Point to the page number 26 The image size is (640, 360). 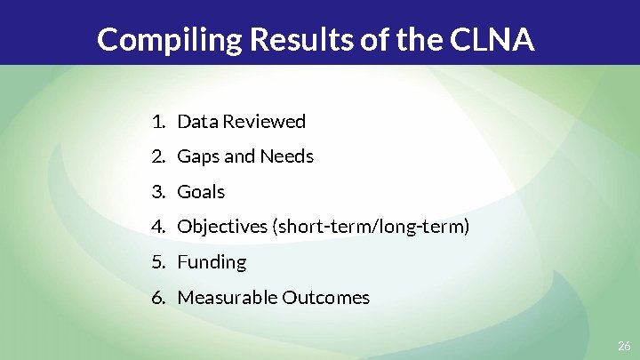click(623, 345)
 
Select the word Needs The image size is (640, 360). click(286, 156)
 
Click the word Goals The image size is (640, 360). click(202, 192)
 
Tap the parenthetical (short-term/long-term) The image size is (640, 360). click(371, 227)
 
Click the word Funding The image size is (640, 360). click(212, 262)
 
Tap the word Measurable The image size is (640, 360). click(228, 298)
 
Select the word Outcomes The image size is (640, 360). click(325, 298)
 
